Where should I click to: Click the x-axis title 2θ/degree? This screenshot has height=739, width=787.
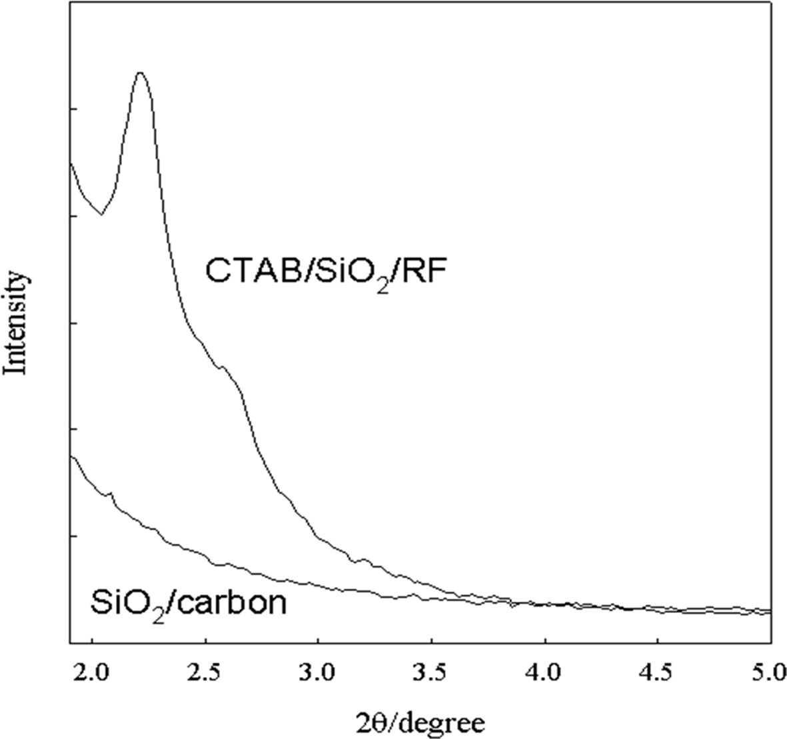420,720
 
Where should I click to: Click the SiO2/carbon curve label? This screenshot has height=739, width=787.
188,604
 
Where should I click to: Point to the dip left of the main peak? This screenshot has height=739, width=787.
101,214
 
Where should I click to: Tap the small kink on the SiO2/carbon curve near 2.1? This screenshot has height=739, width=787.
111,493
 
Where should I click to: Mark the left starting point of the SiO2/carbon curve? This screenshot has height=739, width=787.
71,456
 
